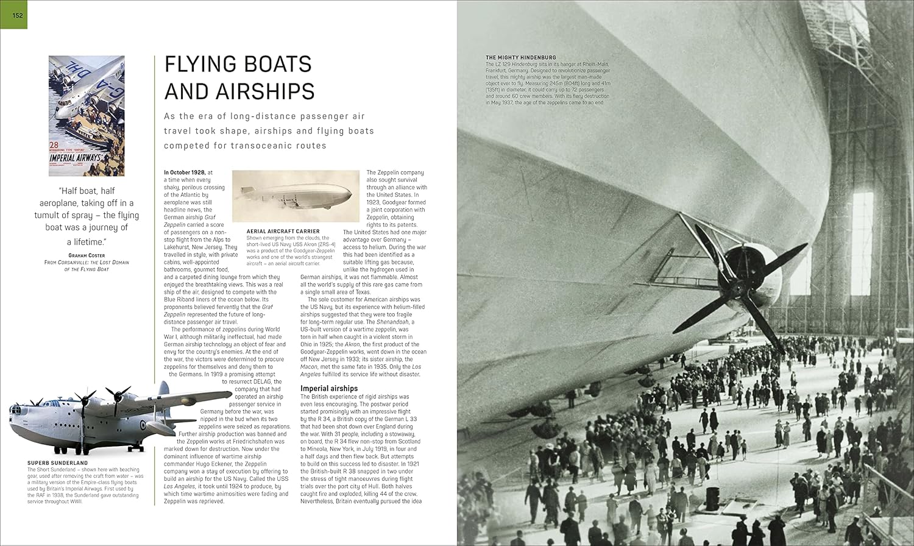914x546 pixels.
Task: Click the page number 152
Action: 17,15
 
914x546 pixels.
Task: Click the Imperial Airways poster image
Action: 87,116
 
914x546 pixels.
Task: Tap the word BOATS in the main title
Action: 275,64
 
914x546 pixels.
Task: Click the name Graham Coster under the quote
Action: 87,255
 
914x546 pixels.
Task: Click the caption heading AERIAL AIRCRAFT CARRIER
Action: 282,232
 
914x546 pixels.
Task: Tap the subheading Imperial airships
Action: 329,388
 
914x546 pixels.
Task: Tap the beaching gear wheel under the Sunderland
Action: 130,448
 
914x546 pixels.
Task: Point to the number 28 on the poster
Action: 54,146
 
